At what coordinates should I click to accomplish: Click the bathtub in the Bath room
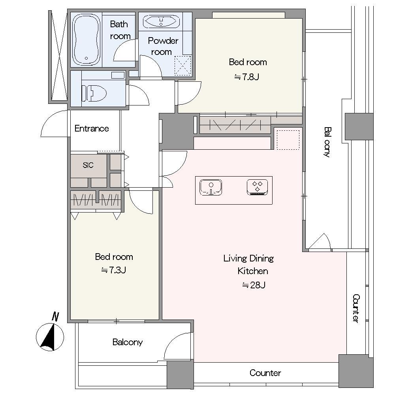coord(86,39)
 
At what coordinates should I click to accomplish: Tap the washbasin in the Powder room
coord(161,22)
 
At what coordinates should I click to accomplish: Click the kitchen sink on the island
coord(211,187)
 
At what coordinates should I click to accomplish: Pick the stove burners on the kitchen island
coord(257,187)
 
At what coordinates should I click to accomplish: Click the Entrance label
coord(92,128)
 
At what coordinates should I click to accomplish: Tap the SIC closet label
coord(88,165)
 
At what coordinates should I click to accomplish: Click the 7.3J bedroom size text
coord(113,270)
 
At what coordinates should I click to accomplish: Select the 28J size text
coord(254,285)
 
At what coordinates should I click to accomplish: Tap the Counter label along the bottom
coord(265,373)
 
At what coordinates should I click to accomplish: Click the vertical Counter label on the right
coord(356,308)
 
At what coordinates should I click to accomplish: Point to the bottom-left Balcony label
coord(128,342)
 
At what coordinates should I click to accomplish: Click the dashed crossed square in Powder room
coord(183,65)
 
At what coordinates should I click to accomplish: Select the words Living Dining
coord(248,258)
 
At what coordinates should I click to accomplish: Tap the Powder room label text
coord(163,46)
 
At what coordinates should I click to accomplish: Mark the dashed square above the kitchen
coord(288,140)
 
